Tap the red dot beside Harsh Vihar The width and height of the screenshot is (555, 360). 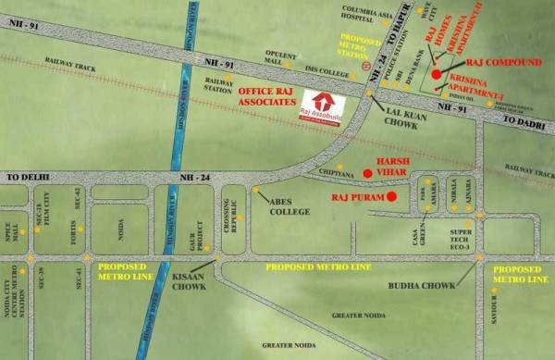point(367,172)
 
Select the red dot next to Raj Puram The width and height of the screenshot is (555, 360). point(391,196)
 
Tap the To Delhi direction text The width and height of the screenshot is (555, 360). point(28,174)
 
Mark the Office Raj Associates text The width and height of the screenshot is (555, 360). point(269,97)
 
